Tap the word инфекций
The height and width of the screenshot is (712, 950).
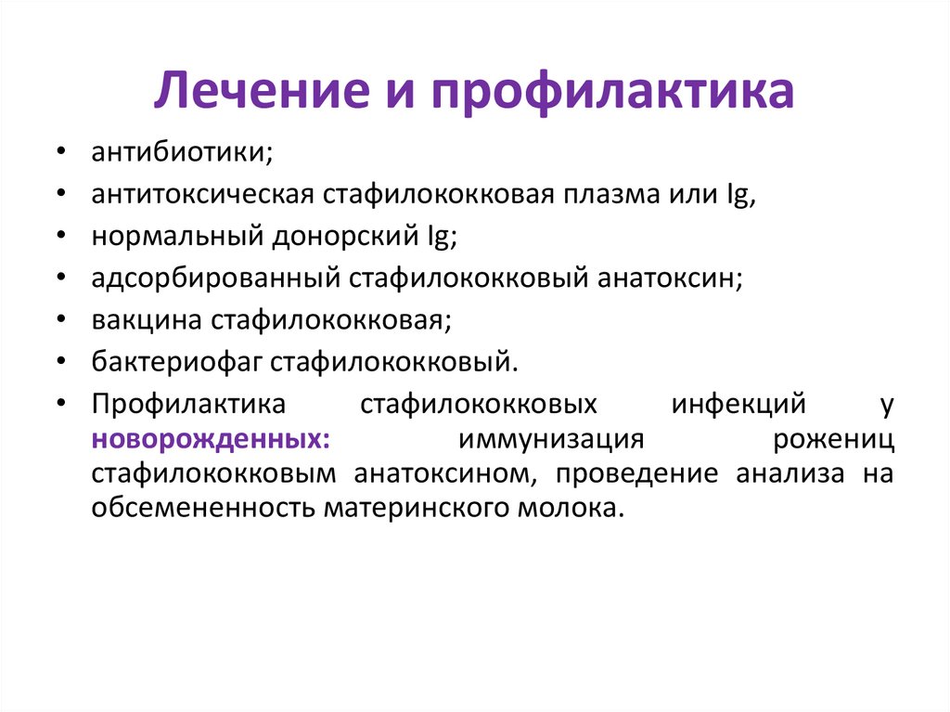pyautogui.click(x=738, y=405)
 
